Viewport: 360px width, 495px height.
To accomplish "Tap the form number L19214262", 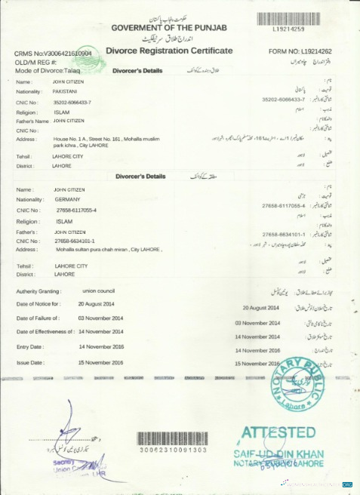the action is pyautogui.click(x=306, y=52).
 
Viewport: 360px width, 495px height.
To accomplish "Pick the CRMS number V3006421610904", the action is pyautogui.click(x=53, y=54).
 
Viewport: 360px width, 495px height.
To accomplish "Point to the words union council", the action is pyautogui.click(x=97, y=291).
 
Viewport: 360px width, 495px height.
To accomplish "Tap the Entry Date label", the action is pyautogui.click(x=31, y=347).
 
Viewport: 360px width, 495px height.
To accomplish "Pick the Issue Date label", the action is pyautogui.click(x=31, y=363).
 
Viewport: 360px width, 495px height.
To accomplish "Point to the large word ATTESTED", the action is pyautogui.click(x=278, y=433).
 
